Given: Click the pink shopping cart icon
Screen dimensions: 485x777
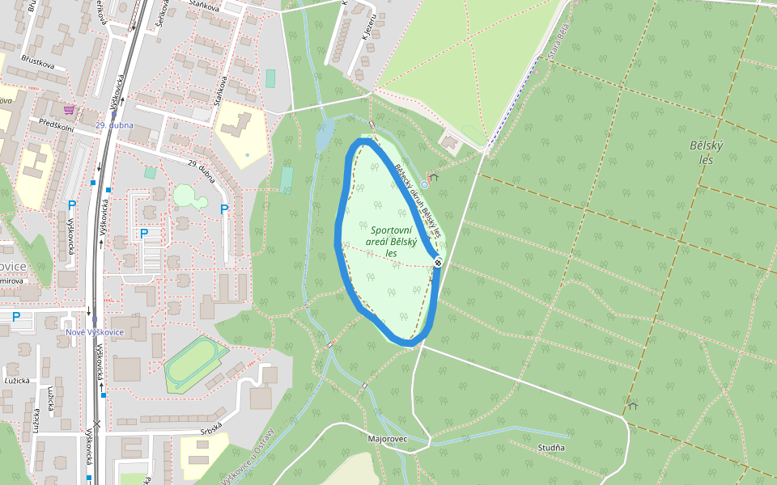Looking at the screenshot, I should point(70,109).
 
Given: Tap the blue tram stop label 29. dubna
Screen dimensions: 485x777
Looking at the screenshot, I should point(113,125).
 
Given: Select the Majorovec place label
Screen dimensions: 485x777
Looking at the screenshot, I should point(388,439).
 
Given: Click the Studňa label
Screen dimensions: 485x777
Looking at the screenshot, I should point(551,447).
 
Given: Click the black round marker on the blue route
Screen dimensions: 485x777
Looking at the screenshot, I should point(438,262).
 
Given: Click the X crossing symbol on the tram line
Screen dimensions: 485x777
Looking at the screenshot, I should point(97,424).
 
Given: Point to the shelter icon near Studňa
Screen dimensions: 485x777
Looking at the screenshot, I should point(632,406).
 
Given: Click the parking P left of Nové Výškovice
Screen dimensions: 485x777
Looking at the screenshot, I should point(15,317).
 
